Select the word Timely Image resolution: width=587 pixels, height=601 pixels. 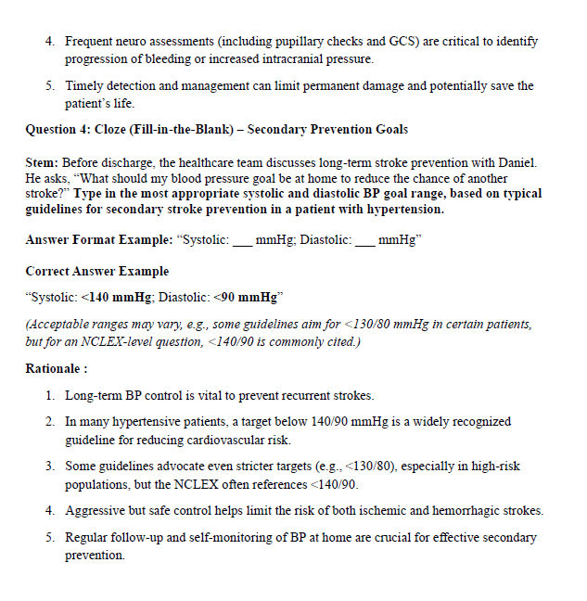tap(84, 86)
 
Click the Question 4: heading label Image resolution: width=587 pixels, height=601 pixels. tap(57, 129)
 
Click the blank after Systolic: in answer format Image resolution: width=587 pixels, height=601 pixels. tap(241, 241)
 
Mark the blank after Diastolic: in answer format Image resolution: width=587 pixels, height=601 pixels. tap(364, 241)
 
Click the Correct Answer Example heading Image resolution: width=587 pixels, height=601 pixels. tap(97, 272)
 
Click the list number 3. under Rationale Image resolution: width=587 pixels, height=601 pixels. tap(51, 467)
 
